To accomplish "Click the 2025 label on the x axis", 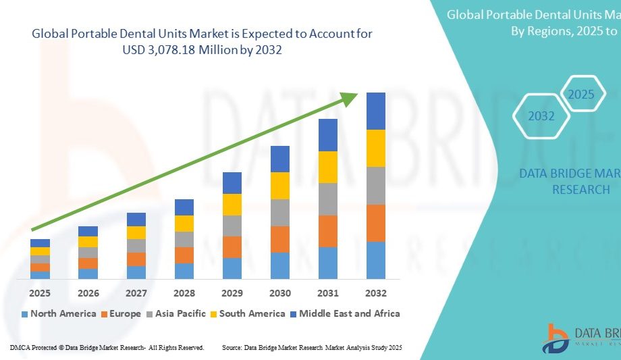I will coord(40,293).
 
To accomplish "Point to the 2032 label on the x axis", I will coord(375,293).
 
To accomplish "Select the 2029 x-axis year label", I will coord(232,293).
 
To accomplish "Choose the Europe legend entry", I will coord(121,313).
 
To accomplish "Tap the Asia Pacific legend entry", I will coord(179,313).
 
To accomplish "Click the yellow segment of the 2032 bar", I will coord(375,148).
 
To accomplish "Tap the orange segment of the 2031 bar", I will coord(327,231).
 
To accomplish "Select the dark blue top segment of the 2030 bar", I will coord(279,159).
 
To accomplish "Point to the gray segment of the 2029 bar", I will coord(232,226).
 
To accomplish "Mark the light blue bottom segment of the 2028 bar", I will coord(184,271).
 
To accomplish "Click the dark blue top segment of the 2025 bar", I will coord(40,243).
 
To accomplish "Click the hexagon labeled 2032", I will coord(541,116).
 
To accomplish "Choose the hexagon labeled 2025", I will coord(580,95).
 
